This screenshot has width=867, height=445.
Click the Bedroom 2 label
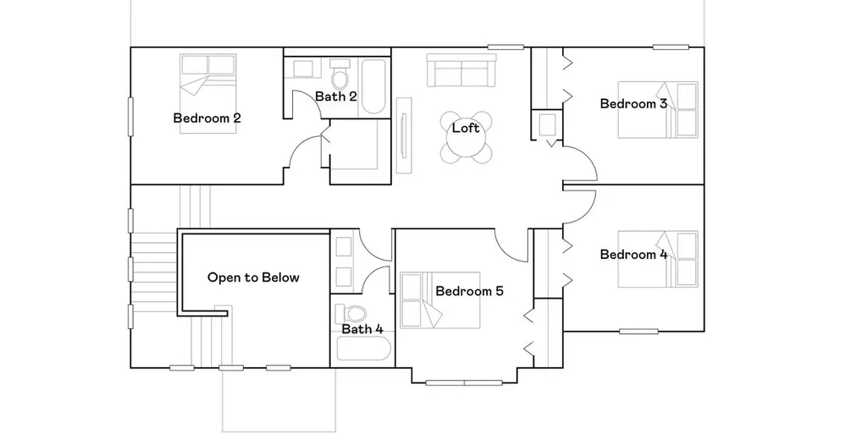pyautogui.click(x=207, y=118)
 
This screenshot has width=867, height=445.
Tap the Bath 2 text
pyautogui.click(x=335, y=96)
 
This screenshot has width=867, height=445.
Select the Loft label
pyautogui.click(x=466, y=128)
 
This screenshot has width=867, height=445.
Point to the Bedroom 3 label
pyautogui.click(x=633, y=103)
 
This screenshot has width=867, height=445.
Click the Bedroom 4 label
pyautogui.click(x=633, y=255)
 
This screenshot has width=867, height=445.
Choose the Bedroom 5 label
pyautogui.click(x=469, y=291)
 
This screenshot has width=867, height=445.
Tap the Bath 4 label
pyautogui.click(x=362, y=329)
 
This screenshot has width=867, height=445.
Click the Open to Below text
pyautogui.click(x=253, y=277)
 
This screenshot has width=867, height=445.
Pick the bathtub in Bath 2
pyautogui.click(x=373, y=86)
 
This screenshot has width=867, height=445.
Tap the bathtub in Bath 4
pyautogui.click(x=363, y=349)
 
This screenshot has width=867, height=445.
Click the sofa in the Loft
pyautogui.click(x=461, y=70)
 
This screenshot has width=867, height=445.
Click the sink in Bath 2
pyautogui.click(x=303, y=69)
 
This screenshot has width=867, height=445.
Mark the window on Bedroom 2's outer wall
pyautogui.click(x=131, y=116)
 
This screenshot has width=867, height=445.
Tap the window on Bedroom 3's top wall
pyautogui.click(x=671, y=47)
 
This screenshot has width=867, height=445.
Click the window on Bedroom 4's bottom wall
pyautogui.click(x=638, y=332)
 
